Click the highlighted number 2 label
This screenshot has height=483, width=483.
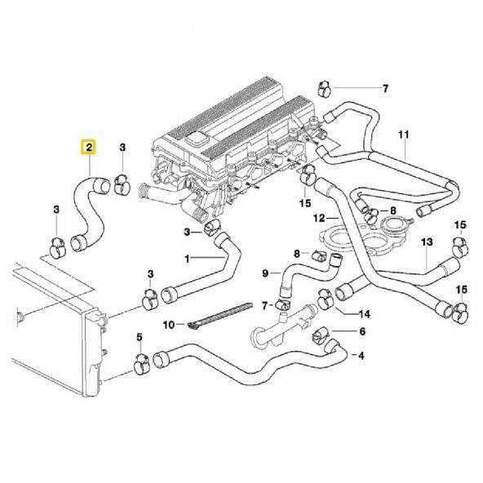click(x=86, y=148)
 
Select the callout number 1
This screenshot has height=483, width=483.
click(x=187, y=259)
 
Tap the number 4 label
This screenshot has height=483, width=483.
click(x=361, y=355)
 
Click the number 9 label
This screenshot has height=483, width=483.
click(x=265, y=273)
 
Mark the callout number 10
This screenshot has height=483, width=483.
click(x=169, y=325)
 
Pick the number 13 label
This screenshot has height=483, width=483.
click(x=426, y=243)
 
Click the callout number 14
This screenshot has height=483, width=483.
click(x=365, y=312)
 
